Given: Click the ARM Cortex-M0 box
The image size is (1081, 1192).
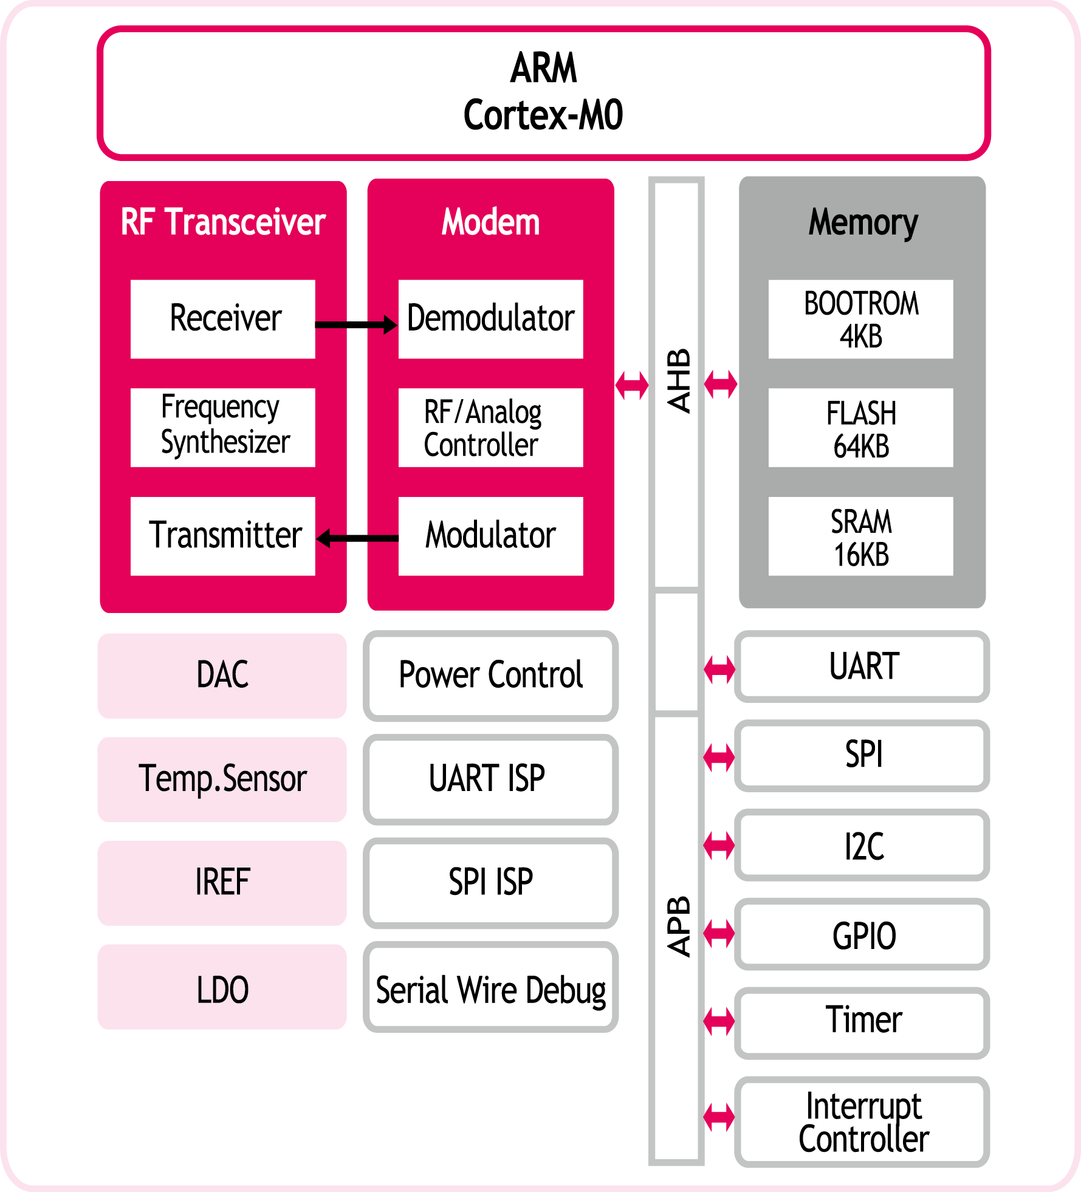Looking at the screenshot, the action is coord(544,93).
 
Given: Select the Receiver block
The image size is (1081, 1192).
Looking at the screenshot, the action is coord(223,319).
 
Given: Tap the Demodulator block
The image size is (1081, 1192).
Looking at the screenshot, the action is coord(491,319).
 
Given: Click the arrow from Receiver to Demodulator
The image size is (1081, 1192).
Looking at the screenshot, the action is coord(357,324).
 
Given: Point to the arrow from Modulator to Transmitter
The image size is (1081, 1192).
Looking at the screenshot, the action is coord(357,538).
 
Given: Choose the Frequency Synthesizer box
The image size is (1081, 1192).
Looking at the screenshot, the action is coord(223,428).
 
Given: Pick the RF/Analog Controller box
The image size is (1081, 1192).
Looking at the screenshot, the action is coord(491,428).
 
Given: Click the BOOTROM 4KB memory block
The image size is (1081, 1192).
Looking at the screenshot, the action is coord(861,319).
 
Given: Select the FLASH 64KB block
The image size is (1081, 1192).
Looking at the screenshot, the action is coord(861,428).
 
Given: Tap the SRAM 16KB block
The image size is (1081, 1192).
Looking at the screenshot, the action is coord(861,536).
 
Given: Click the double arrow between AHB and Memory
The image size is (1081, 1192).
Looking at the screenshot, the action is coord(721,384).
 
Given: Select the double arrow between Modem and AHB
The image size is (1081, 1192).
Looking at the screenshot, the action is coord(632,385).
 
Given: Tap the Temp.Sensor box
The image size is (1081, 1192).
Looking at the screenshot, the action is coord(222,779).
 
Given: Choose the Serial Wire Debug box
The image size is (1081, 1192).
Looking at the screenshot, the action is coord(491,987).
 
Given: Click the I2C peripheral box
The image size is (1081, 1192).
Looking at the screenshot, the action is coord(862,845).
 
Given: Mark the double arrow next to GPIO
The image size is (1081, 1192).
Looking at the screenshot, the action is coord(719,934).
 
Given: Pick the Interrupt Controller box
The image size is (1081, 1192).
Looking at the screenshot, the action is coord(862,1122).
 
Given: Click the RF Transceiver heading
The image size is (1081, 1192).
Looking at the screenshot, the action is coord(223,222).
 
